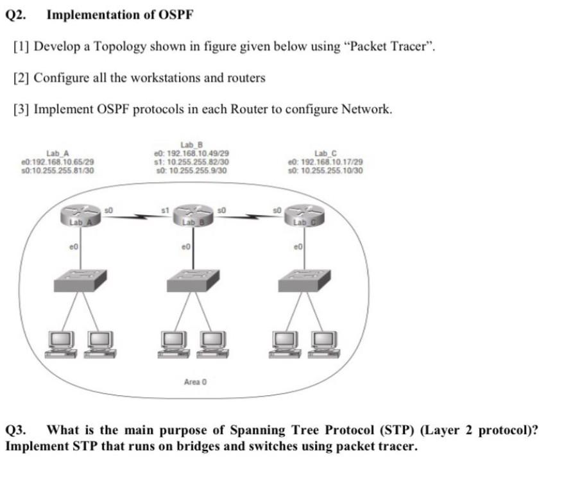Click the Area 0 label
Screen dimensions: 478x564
pyautogui.click(x=195, y=382)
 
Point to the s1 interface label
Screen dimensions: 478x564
pyautogui.click(x=164, y=209)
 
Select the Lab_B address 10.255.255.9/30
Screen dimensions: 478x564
pyautogui.click(x=199, y=171)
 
